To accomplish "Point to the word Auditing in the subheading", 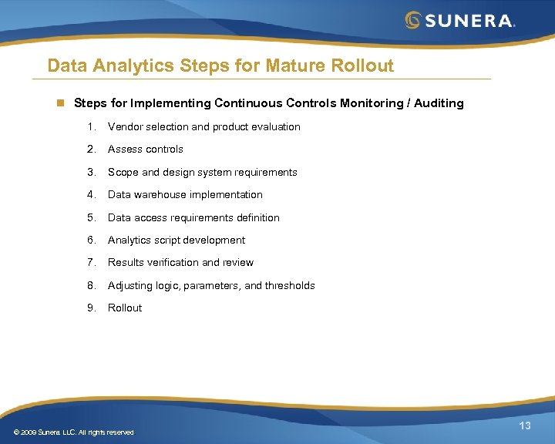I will pos(439,103).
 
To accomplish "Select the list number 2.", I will pos(91,149).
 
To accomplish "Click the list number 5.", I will pos(91,217).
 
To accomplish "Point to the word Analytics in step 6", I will pos(129,240).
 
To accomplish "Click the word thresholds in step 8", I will pos(290,285).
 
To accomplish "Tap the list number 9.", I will pos(91,308).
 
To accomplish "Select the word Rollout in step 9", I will pos(125,308).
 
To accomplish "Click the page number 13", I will pos(525,426).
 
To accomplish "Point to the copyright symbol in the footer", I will pos(17,432).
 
